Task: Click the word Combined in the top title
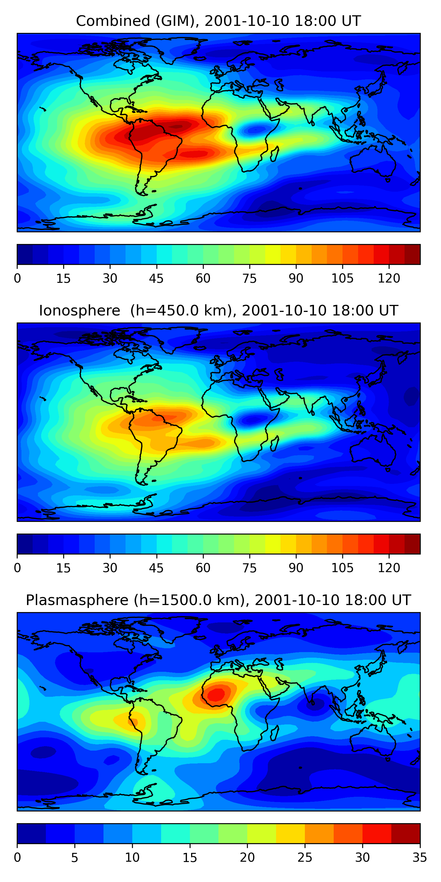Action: click(x=113, y=21)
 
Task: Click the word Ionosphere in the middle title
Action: click(x=79, y=310)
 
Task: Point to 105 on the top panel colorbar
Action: click(x=342, y=278)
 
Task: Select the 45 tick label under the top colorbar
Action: click(x=156, y=278)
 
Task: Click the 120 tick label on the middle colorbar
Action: click(x=389, y=568)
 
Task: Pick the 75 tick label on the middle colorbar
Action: click(x=249, y=568)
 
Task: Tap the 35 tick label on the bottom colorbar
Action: click(x=420, y=857)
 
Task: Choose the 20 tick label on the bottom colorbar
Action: click(x=247, y=857)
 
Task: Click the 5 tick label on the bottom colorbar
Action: click(x=75, y=857)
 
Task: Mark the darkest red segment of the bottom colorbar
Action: click(x=405, y=833)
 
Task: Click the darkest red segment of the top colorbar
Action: click(x=412, y=254)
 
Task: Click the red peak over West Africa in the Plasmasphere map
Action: click(x=216, y=694)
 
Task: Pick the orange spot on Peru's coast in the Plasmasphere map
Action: click(x=133, y=722)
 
